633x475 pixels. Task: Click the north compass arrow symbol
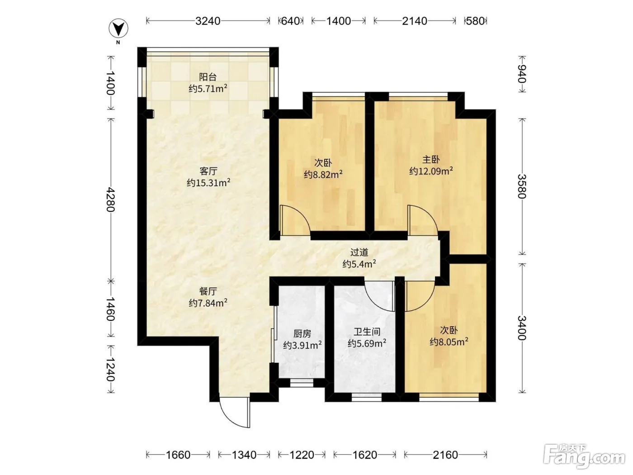[118, 28]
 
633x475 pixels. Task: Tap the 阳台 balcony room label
[208, 77]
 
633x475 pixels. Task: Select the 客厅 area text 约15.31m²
[208, 183]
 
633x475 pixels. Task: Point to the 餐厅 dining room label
[208, 291]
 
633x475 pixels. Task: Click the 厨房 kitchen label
[302, 334]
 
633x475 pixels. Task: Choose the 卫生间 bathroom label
[367, 332]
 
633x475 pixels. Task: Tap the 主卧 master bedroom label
[431, 160]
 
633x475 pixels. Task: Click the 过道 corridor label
[359, 252]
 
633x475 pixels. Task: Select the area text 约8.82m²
[323, 174]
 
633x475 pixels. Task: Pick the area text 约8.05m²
[449, 342]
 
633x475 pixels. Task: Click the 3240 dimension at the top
[208, 21]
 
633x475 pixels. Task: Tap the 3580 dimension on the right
[522, 186]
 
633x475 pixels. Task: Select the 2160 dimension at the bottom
[445, 455]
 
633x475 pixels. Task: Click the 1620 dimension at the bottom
[364, 455]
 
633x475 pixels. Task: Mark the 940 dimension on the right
[522, 74]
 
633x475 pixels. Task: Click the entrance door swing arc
[228, 418]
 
